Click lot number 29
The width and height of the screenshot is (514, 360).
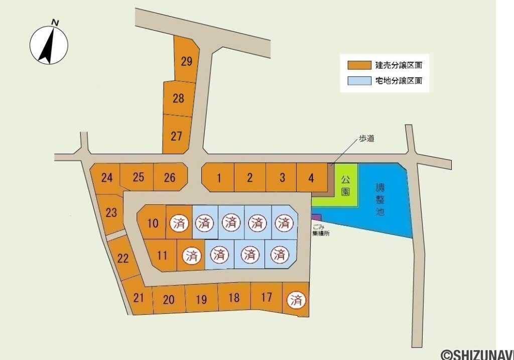click(x=187, y=62)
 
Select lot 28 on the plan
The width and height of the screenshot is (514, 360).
click(x=178, y=98)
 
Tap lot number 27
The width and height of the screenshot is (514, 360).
click(x=176, y=136)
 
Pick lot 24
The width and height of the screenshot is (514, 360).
click(x=107, y=177)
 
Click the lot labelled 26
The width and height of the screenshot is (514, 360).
click(x=170, y=177)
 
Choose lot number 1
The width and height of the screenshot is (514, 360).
click(x=219, y=177)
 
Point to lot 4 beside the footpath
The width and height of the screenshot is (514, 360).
click(x=312, y=177)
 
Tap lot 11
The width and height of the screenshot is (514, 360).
click(x=162, y=255)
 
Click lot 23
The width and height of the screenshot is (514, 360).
click(x=111, y=212)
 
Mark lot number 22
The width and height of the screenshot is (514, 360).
click(x=123, y=259)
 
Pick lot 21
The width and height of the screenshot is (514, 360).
click(x=139, y=297)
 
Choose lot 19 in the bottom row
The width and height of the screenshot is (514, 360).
click(x=201, y=300)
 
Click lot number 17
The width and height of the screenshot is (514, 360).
click(x=267, y=297)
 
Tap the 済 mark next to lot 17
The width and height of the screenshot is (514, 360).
click(x=296, y=300)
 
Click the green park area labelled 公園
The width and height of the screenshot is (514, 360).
click(x=345, y=186)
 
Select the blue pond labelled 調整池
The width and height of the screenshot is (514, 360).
click(x=381, y=201)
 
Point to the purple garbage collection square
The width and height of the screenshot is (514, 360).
click(x=316, y=217)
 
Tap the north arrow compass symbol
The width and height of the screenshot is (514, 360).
click(x=49, y=44)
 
